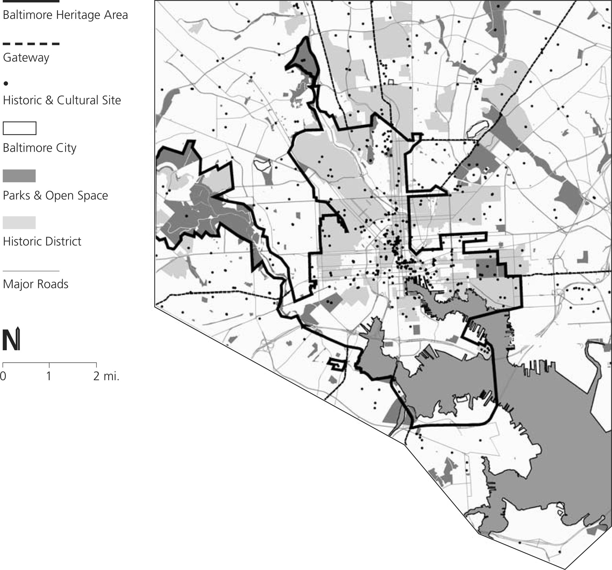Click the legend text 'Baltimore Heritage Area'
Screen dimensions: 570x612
click(65, 15)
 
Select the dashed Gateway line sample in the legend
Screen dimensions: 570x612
click(31, 44)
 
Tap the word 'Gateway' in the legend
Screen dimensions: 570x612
click(26, 58)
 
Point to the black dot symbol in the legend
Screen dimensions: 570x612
click(6, 84)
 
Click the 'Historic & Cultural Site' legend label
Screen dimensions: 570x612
click(62, 100)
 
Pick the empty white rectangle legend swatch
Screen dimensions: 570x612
click(19, 128)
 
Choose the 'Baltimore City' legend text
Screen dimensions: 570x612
click(39, 148)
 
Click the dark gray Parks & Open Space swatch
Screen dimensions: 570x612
click(19, 176)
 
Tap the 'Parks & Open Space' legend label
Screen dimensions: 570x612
click(55, 196)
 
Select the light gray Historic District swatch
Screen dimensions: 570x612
click(19, 222)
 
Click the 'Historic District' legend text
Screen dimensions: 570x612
click(42, 241)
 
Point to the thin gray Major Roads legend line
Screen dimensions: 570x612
click(31, 271)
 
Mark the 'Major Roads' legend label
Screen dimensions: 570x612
click(35, 284)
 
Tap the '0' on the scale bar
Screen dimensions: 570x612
click(3, 376)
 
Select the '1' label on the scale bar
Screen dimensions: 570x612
click(49, 376)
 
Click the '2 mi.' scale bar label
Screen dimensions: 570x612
click(106, 376)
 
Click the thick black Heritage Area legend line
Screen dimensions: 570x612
click(31, 1)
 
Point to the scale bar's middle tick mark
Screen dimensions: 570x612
click(49, 365)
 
